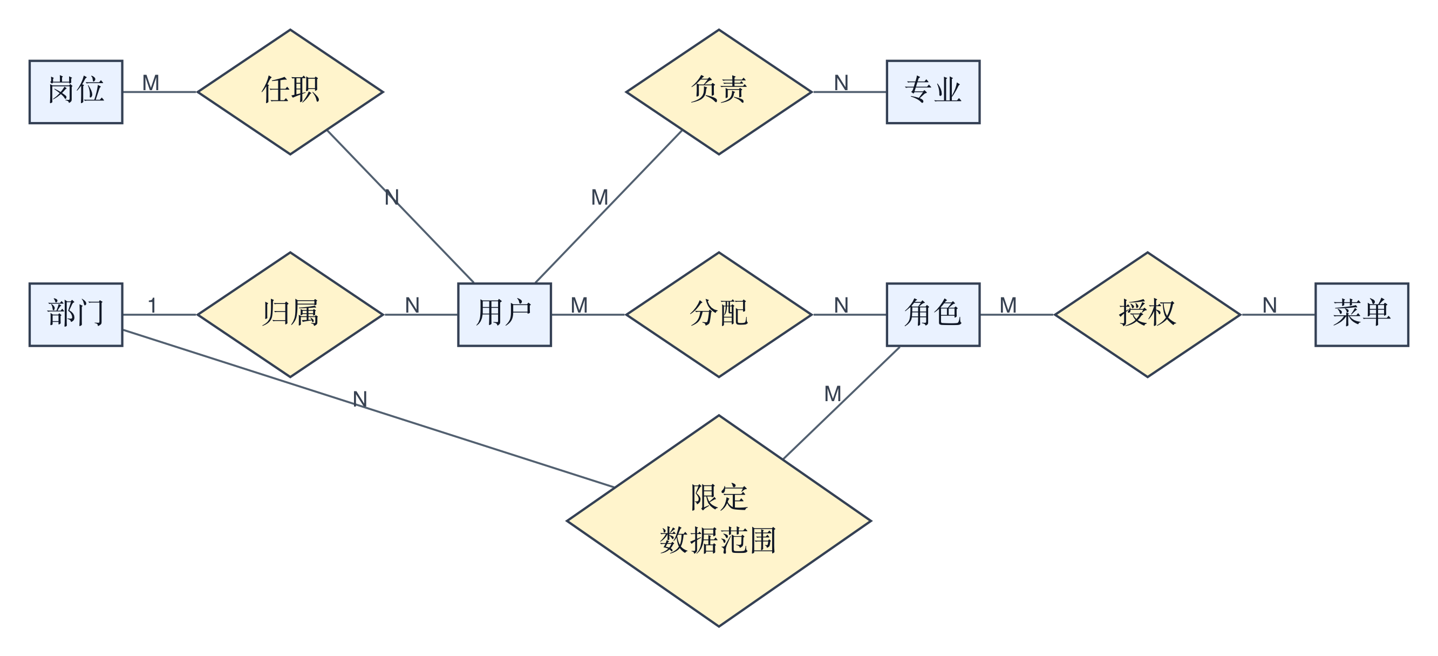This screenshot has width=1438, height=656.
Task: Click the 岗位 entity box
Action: (76, 92)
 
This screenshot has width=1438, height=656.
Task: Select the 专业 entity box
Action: (933, 92)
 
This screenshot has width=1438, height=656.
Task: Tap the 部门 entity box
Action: (76, 315)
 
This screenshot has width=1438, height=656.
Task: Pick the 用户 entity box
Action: (505, 315)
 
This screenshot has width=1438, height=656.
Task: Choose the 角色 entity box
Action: (933, 315)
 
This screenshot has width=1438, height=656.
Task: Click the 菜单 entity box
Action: (1361, 315)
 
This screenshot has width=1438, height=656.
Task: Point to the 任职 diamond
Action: (290, 92)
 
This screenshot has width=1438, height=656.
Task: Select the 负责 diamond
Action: (719, 92)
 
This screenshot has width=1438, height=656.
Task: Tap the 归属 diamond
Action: (290, 315)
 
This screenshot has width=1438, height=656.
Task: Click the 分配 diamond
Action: (719, 315)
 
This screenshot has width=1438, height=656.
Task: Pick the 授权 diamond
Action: (1147, 315)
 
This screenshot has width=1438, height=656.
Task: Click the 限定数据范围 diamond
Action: (719, 520)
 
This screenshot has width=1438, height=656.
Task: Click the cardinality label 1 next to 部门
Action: (152, 305)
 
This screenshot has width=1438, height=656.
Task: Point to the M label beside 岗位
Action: (151, 83)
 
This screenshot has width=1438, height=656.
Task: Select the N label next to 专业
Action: (841, 83)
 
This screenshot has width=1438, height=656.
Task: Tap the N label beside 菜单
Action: (1270, 305)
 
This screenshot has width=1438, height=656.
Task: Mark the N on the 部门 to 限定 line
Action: (360, 399)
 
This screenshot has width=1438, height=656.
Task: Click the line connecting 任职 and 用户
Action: (400, 206)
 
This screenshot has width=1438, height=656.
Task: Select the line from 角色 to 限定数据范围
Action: (841, 402)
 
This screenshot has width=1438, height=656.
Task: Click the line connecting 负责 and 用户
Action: (609, 206)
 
